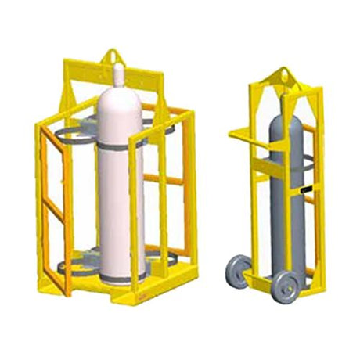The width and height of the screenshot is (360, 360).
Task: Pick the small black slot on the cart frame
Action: tap(304, 190)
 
